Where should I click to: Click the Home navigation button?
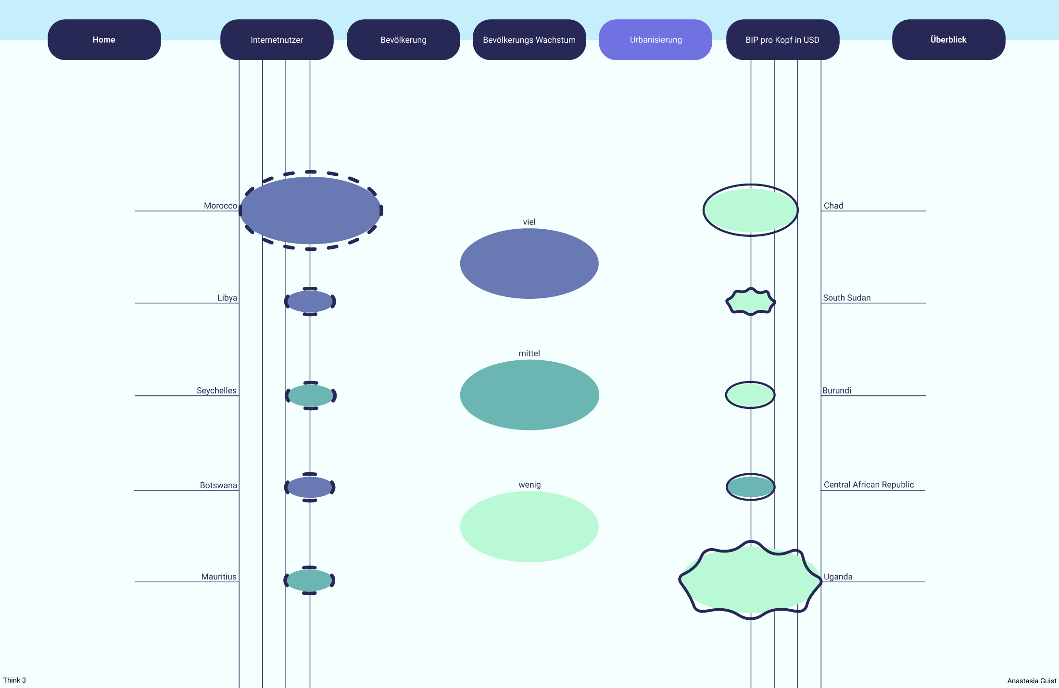(104, 39)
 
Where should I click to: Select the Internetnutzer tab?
(277, 39)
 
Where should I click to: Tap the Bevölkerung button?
(403, 39)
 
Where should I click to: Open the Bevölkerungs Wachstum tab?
(529, 39)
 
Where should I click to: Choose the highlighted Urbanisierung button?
(656, 39)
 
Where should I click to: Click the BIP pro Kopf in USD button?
(782, 39)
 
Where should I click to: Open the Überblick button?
(948, 39)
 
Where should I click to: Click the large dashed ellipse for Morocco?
(311, 210)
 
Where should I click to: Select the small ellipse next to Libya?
(310, 302)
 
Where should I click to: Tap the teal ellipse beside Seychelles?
(311, 395)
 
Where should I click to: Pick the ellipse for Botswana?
(310, 487)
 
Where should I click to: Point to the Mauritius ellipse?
(309, 580)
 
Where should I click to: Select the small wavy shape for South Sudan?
(751, 302)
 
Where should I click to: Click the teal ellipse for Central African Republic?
(750, 487)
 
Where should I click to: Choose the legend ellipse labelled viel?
(529, 263)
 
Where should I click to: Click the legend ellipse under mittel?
(529, 395)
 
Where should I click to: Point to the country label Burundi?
(837, 390)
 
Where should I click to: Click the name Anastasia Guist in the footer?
(1032, 681)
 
